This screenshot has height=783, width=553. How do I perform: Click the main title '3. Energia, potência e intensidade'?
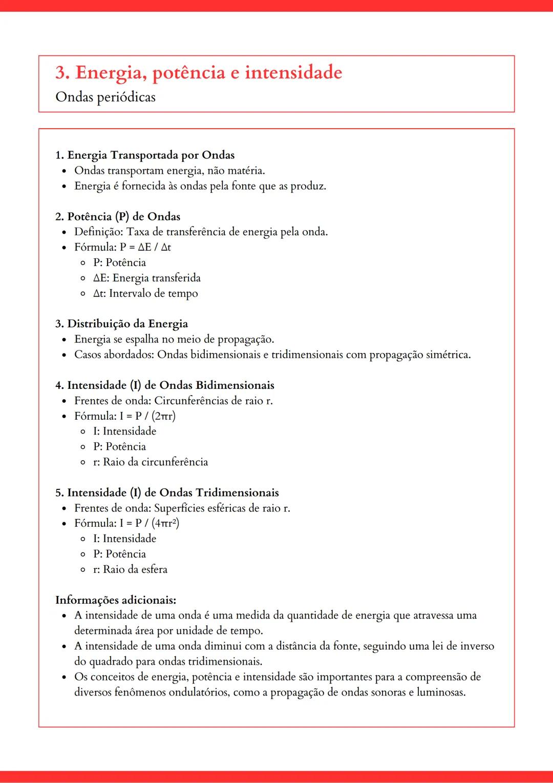199,73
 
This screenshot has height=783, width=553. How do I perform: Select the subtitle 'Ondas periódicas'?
105,97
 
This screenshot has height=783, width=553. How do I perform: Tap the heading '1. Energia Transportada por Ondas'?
145,155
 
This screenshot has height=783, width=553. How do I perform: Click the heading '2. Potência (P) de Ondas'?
118,216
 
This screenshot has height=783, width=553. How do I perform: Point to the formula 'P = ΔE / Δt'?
145,247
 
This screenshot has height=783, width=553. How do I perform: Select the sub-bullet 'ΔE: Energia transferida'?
146,278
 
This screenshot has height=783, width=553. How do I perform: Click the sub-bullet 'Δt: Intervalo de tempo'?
145,293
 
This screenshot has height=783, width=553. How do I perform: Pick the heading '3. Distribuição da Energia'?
121,324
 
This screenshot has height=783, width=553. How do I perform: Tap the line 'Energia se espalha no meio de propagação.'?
174,339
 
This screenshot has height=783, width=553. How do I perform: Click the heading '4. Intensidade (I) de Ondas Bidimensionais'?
164,385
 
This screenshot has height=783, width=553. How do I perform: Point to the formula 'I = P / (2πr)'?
147,416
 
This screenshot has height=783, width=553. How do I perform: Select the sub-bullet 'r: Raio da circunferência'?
151,462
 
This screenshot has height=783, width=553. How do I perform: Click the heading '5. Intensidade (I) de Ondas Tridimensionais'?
167,492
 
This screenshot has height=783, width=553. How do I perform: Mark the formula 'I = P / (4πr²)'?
149,523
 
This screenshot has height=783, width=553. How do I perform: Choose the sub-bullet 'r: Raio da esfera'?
130,569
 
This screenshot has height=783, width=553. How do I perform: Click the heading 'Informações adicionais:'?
116,600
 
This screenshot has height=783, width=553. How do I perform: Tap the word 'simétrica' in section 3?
448,355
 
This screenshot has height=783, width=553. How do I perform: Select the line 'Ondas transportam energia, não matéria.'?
169,171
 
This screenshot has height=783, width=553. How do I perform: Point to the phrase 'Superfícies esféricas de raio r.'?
222,508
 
